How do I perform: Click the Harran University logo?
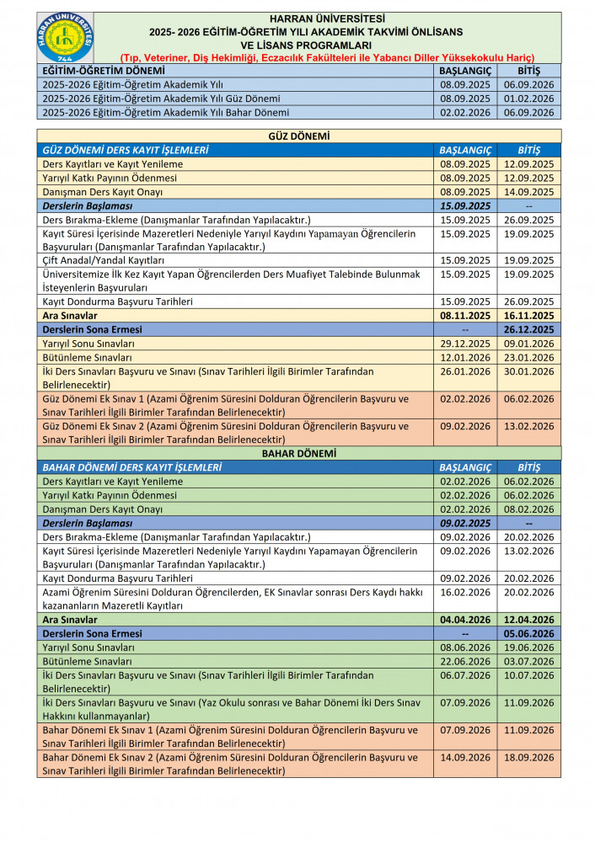pos(66,38)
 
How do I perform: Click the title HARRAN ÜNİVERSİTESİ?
pos(328,18)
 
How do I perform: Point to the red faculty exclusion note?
pos(328,57)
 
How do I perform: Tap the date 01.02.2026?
pos(528,99)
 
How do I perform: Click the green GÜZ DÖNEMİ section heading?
pos(298,136)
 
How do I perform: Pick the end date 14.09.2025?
pos(528,192)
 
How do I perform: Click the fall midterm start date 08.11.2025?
pos(464,316)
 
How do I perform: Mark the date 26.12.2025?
pos(528,329)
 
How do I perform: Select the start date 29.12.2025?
pos(464,344)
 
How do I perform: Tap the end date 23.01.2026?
pos(528,357)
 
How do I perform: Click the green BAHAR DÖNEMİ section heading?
pos(298,453)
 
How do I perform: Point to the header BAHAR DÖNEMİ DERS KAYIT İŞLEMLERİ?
pos(132,467)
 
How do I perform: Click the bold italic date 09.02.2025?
pos(464,523)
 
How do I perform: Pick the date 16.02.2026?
pos(464,593)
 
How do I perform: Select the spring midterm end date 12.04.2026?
pos(528,620)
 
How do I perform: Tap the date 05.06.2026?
pos(528,633)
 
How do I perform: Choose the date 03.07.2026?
pos(528,661)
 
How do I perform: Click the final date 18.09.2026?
pos(528,758)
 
